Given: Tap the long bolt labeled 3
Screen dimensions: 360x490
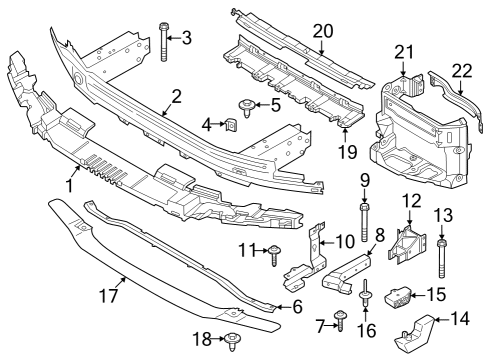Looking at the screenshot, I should click(x=162, y=42).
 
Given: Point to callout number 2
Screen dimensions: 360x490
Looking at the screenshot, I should click(x=176, y=97).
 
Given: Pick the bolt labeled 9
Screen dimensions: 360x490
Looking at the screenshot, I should click(x=364, y=217).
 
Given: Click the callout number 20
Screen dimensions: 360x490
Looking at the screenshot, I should click(x=321, y=31).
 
